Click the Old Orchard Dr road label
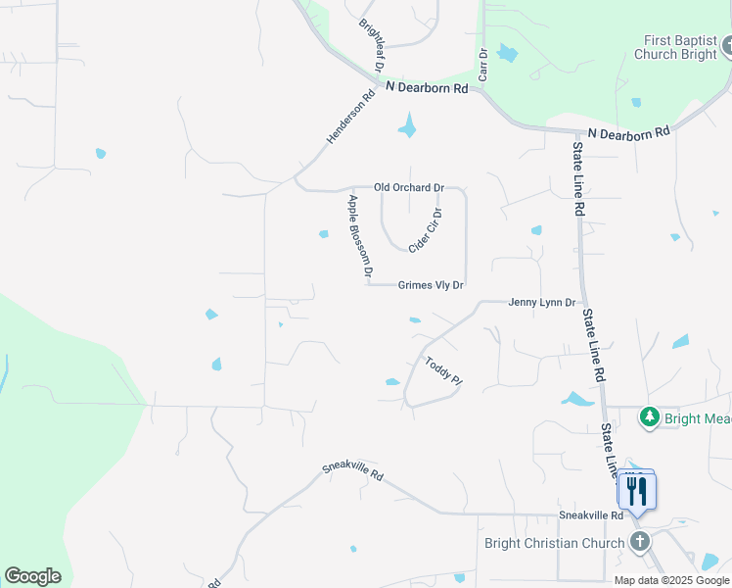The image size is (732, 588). point(409,187)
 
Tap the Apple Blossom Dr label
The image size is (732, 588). point(360,238)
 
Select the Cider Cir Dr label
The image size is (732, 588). point(427,230)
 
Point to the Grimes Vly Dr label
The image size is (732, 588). point(431,285)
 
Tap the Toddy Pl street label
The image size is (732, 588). point(441,376)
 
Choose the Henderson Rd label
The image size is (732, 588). point(350,119)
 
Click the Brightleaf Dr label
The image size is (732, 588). point(371,45)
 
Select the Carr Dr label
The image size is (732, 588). point(482,65)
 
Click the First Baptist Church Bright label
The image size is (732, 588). point(681,47)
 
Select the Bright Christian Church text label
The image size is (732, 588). point(554,543)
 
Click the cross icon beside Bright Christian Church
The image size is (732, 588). point(640,542)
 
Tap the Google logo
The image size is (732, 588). point(33,576)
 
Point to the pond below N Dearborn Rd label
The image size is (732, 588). point(408,125)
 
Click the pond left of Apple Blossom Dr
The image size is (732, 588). point(324,233)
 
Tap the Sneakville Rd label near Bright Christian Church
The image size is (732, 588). point(590,514)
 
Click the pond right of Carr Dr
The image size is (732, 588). point(506,53)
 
